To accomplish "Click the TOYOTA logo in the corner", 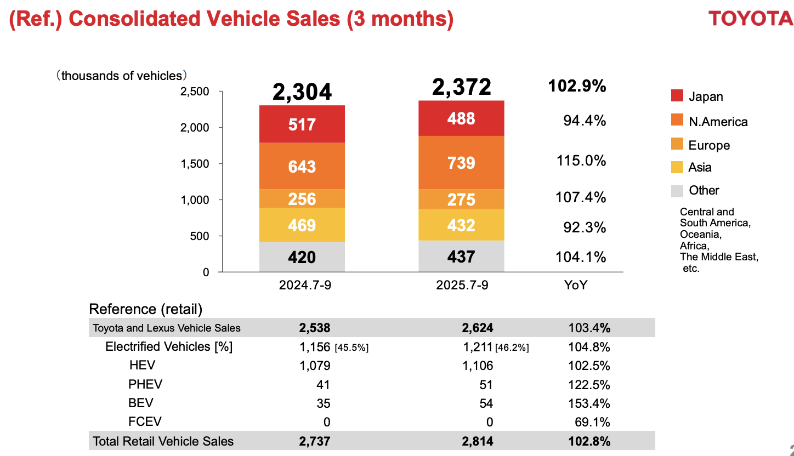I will [x=750, y=18].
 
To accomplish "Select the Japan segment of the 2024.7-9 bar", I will [x=302, y=124].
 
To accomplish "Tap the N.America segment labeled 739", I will [x=461, y=163].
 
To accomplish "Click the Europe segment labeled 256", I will [x=302, y=198].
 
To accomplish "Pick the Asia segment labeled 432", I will [x=461, y=225].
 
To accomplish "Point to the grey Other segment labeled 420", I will [x=302, y=256].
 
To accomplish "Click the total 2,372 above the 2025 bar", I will [x=461, y=87].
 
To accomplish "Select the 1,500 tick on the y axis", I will [x=195, y=163].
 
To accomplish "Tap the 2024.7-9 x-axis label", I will [x=302, y=285].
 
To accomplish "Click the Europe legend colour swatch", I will [x=677, y=145].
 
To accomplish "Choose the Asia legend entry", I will [x=700, y=168].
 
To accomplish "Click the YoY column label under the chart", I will [x=576, y=285].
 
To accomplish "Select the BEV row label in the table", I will [x=141, y=403].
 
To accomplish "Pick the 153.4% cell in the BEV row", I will [x=589, y=404].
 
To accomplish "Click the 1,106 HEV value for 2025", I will [x=478, y=366].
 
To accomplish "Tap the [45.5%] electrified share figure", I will [x=351, y=347].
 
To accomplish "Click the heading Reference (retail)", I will [x=146, y=309].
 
